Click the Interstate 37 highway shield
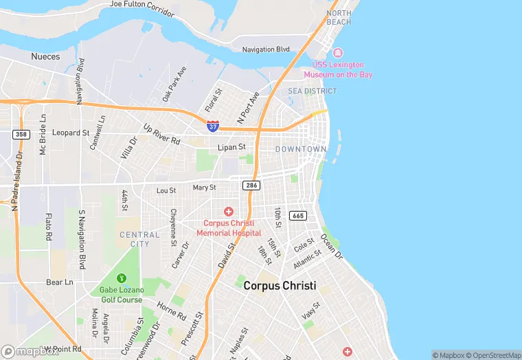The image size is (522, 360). tap(213, 126)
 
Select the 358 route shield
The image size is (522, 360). tap(21, 134)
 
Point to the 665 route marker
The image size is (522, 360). tap(297, 216)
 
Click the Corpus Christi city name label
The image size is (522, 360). tap(280, 286)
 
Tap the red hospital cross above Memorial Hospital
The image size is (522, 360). tap(228, 212)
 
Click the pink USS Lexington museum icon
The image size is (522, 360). tap(337, 53)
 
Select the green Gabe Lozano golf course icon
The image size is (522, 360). tap(121, 278)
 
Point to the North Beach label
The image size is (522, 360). tap(339, 17)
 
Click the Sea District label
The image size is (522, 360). tap(313, 91)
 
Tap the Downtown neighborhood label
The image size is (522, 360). tap(301, 149)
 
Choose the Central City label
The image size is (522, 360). tap(135, 239)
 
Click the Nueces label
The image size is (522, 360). tap(45, 56)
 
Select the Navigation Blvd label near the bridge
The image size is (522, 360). tap(266, 49)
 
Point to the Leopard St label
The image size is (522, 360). tap(71, 133)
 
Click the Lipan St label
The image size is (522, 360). tap(231, 147)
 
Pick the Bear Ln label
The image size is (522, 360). tap(59, 282)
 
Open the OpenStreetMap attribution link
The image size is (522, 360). tap(494, 355)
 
